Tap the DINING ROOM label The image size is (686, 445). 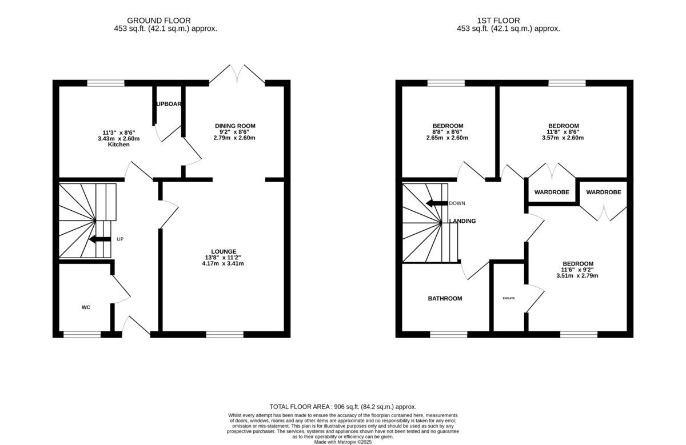pyautogui.click(x=235, y=126)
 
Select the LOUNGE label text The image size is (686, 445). pyautogui.click(x=224, y=251)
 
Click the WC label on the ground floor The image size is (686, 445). pyautogui.click(x=86, y=307)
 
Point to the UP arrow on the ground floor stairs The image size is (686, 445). pyautogui.click(x=101, y=239)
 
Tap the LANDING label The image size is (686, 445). pyautogui.click(x=463, y=221)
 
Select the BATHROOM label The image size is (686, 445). pyautogui.click(x=445, y=298)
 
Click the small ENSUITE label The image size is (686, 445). pyautogui.click(x=509, y=298)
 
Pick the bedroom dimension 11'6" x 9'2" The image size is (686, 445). pyautogui.click(x=577, y=269)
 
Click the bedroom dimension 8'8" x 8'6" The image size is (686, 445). pyautogui.click(x=448, y=131)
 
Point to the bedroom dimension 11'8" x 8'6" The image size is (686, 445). pyautogui.click(x=563, y=131)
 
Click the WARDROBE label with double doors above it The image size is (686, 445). pyautogui.click(x=552, y=193)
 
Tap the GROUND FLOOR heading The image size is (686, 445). pyautogui.click(x=159, y=21)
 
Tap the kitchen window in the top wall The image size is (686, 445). pyautogui.click(x=106, y=83)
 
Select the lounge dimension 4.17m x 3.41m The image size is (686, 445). pyautogui.click(x=224, y=263)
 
